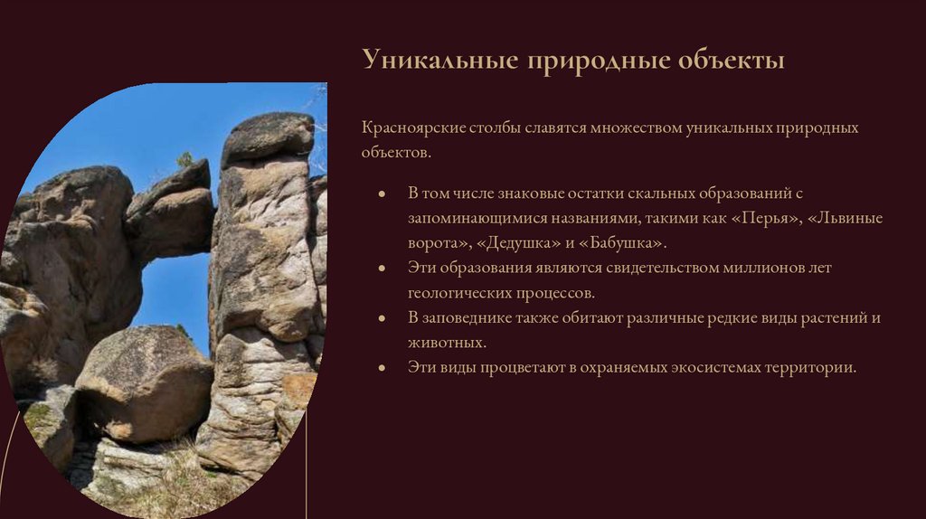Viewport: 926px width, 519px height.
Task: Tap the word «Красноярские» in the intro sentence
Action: (413, 128)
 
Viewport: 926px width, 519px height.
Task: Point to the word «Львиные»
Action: (841, 219)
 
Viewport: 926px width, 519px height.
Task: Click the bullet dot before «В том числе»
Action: (383, 194)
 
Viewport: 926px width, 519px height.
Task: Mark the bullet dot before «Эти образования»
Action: (383, 269)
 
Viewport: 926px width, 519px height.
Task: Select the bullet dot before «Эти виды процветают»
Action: (383, 369)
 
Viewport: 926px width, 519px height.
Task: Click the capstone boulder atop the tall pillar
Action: (268, 136)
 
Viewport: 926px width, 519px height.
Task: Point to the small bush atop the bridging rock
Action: (185, 159)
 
